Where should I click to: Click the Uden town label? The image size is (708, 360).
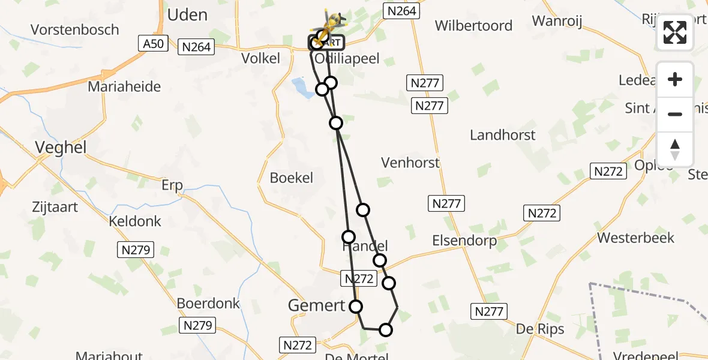click(188, 15)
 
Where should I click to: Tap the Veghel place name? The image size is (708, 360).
click(61, 147)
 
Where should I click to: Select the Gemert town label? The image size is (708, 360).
click(316, 305)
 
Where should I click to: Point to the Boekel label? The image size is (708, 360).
click(292, 178)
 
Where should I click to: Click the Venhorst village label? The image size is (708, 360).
click(410, 163)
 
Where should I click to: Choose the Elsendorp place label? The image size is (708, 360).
click(464, 241)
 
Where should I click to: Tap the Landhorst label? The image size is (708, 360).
click(503, 135)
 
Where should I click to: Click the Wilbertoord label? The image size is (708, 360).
click(473, 26)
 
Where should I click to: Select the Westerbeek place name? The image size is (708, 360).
click(635, 238)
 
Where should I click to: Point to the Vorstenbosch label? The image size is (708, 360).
click(75, 30)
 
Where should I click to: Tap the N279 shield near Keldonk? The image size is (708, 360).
click(136, 250)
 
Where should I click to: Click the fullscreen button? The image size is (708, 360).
click(675, 32)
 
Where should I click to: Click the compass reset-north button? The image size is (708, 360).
click(675, 150)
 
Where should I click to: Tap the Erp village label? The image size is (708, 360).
click(172, 185)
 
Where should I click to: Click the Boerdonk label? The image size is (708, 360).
click(208, 304)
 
